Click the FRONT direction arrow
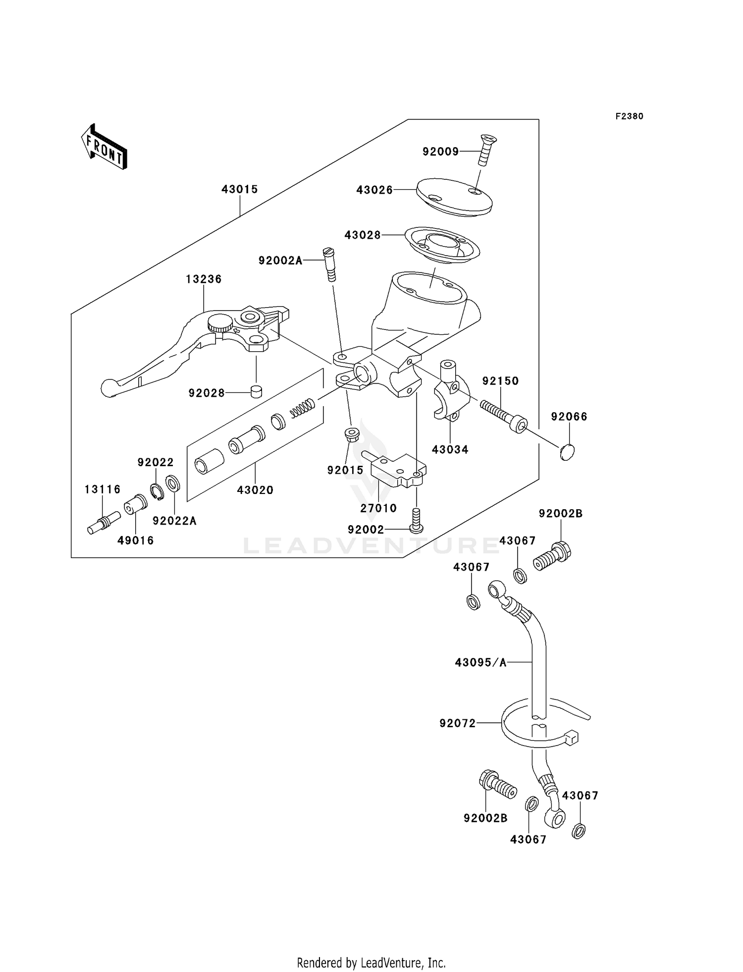pyautogui.click(x=105, y=147)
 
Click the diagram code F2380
pyautogui.click(x=629, y=116)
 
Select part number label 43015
pyautogui.click(x=239, y=189)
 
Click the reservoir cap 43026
pyautogui.click(x=454, y=197)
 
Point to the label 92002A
pyautogui.click(x=280, y=261)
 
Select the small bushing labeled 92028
pyautogui.click(x=256, y=391)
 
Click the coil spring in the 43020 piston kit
pyautogui.click(x=302, y=408)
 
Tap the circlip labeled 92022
pyautogui.click(x=157, y=490)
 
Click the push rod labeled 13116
pyautogui.click(x=104, y=523)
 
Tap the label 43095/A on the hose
pyautogui.click(x=480, y=662)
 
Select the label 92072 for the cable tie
pyautogui.click(x=457, y=723)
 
